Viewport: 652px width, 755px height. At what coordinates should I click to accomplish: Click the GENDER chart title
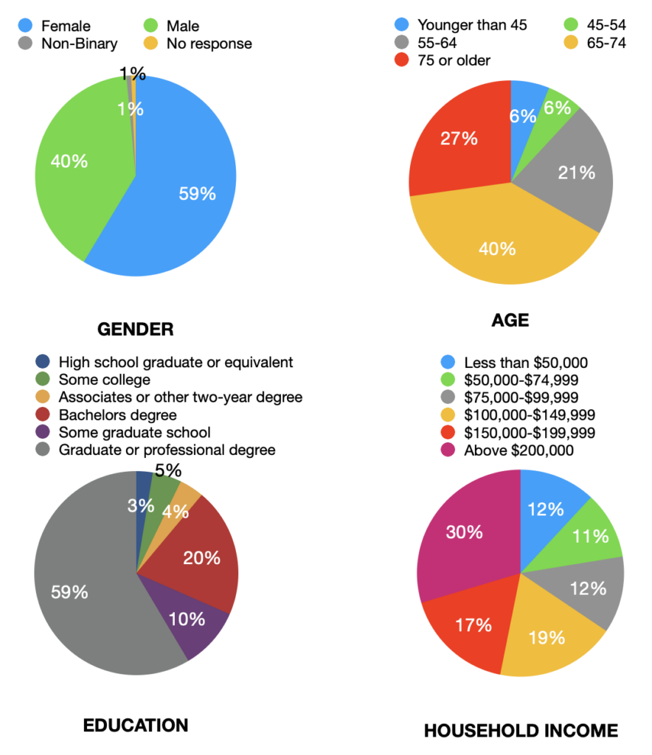click(136, 329)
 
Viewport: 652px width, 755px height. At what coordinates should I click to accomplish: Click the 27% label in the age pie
click(459, 139)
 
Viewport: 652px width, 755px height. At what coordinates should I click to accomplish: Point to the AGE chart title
click(510, 320)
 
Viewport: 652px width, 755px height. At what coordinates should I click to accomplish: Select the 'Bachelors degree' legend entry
click(117, 414)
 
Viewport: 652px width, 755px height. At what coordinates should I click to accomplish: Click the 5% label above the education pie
click(168, 470)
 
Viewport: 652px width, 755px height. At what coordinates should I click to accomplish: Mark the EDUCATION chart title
click(136, 725)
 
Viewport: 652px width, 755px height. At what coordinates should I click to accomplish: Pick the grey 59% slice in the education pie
click(81, 590)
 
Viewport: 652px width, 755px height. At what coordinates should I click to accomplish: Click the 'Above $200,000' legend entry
click(519, 450)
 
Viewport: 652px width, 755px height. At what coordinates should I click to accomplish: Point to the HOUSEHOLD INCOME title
click(521, 731)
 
